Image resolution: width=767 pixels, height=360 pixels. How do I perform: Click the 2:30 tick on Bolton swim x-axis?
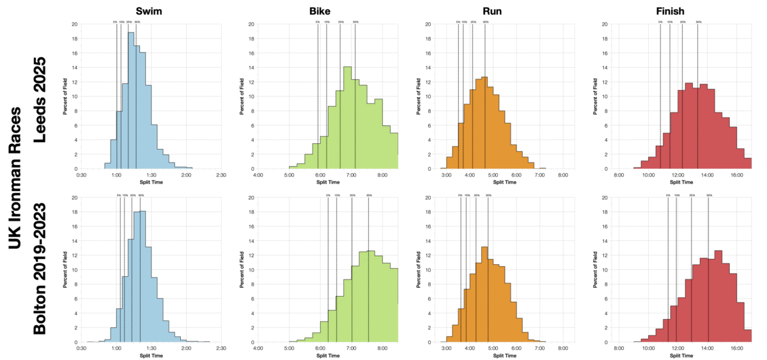[221, 348]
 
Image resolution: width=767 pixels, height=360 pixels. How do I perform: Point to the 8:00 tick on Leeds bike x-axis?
[382, 175]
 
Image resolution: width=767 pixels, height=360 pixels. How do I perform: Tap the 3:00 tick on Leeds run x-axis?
[446, 175]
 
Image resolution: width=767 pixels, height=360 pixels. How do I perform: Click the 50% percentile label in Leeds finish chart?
[699, 22]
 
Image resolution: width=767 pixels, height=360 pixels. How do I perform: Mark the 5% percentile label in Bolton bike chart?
[328, 195]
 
